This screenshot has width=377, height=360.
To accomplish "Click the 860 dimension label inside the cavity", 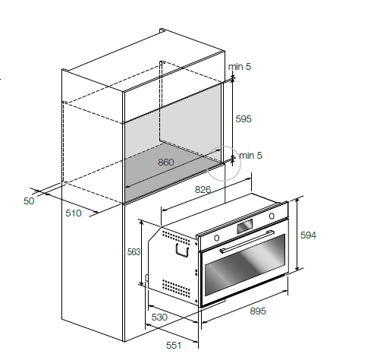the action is click(x=166, y=163).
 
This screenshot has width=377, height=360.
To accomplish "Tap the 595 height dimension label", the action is click(x=243, y=119).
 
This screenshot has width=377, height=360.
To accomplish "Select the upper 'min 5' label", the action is click(x=240, y=67).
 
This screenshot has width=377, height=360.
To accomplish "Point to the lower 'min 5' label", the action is click(x=250, y=156).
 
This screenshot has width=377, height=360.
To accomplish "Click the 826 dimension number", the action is click(x=203, y=189).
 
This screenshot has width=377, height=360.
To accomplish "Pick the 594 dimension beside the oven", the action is click(x=308, y=235).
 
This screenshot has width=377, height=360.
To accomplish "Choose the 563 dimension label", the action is click(x=134, y=252).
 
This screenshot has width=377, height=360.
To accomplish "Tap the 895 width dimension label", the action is click(x=258, y=311).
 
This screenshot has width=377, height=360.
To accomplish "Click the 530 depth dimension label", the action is click(x=159, y=317).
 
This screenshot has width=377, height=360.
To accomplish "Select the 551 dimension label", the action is click(x=174, y=345).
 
